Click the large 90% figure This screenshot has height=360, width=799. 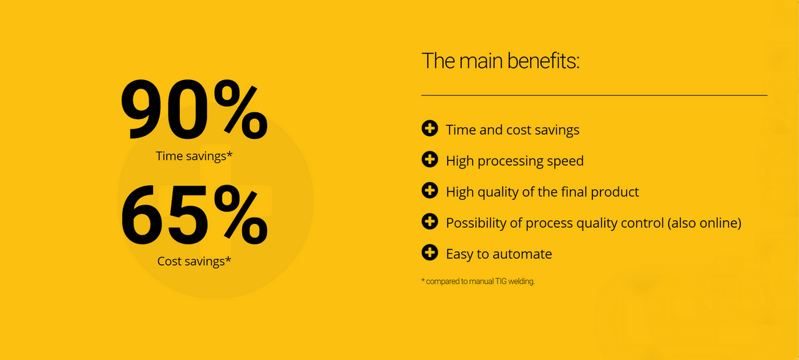[194, 109]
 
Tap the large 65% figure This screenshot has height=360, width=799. [194, 215]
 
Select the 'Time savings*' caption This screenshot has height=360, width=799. [194, 156]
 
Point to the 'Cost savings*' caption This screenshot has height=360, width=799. [194, 261]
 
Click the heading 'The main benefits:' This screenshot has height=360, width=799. [501, 61]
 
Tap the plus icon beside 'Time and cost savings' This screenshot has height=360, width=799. [430, 129]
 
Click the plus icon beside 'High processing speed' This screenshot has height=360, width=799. [430, 159]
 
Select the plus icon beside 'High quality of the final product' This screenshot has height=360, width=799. [430, 190]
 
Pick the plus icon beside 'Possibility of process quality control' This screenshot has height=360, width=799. [430, 221]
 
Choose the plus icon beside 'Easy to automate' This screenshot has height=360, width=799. [430, 252]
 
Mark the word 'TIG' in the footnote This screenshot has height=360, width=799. [501, 281]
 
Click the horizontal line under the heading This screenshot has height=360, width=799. [594, 95]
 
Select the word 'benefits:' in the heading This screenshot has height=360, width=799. [543, 61]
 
